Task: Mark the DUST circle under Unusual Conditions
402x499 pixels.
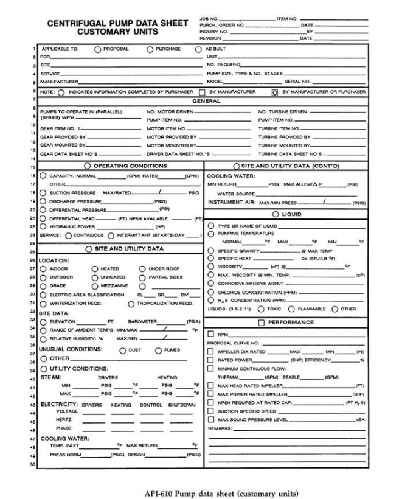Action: [122, 351]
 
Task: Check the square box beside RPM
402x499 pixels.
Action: [211, 334]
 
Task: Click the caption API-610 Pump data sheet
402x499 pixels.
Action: [201, 490]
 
